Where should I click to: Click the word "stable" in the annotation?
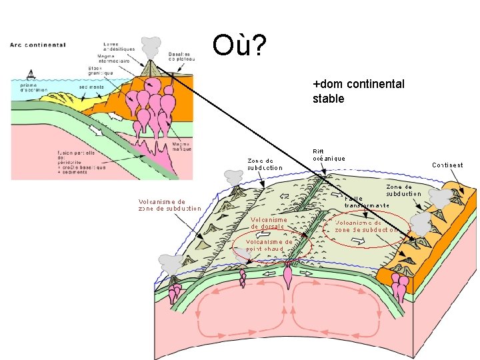tap(328, 99)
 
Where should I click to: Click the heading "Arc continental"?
tap(38, 45)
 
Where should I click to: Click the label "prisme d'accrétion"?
tap(28, 87)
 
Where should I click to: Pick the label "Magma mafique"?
tap(181, 146)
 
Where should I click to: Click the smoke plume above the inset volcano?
tap(152, 47)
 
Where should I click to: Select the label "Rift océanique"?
tap(329, 155)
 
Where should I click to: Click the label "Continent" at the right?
tap(447, 165)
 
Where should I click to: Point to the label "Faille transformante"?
tap(366, 201)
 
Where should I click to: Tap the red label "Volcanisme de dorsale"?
tap(269, 223)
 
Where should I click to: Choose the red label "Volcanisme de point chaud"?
tap(269, 245)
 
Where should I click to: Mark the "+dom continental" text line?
tap(358, 84)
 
